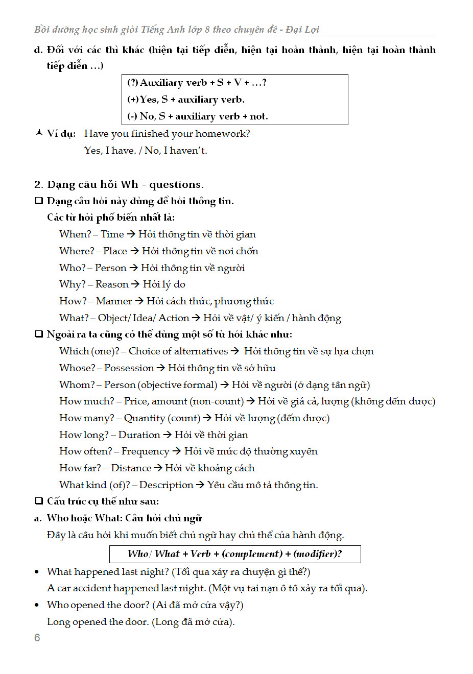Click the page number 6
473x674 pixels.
tap(37, 637)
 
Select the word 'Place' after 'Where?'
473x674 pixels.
tap(115, 251)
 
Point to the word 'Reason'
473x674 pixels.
tap(112, 284)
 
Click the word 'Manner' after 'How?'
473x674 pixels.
tap(114, 301)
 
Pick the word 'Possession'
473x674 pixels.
tap(129, 368)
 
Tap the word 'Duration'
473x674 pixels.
tap(139, 435)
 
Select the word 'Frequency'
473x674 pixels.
tap(145, 451)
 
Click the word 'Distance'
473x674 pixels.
tap(131, 468)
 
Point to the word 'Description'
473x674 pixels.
tap(166, 485)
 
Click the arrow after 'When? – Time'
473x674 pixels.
tap(131, 234)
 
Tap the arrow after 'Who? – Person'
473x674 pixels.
tap(134, 268)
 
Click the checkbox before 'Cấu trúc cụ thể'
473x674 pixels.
tap(39, 501)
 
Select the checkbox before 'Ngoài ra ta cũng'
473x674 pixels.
tap(39, 334)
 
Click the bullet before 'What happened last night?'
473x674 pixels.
tap(37, 572)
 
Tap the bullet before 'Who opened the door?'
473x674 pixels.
tap(37, 605)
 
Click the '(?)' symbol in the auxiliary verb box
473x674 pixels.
tap(133, 83)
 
